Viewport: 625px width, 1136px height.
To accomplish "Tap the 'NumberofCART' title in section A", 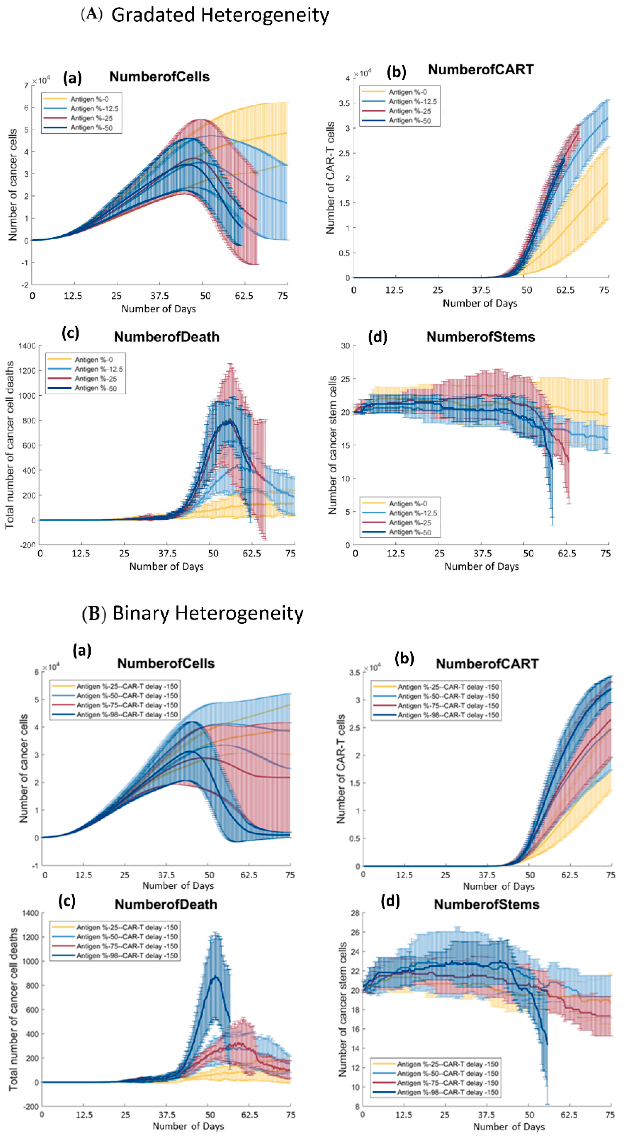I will coord(481,70).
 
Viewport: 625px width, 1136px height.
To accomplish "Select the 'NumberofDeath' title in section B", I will coord(166,904).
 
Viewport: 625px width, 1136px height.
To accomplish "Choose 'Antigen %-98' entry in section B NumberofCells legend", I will coord(127,715).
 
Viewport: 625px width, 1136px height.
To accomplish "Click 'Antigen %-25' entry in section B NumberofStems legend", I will coord(448,1064).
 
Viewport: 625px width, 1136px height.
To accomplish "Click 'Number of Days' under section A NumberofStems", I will coord(481,567).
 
